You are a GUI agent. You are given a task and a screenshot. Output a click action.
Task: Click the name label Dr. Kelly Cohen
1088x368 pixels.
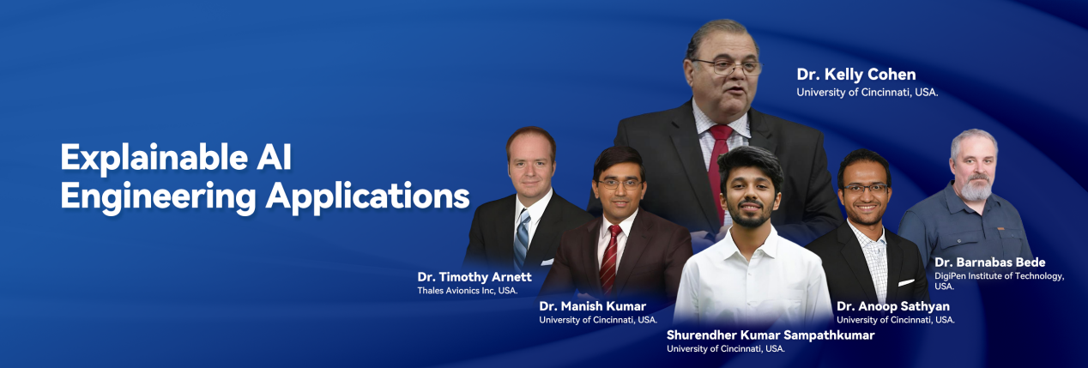click(x=855, y=75)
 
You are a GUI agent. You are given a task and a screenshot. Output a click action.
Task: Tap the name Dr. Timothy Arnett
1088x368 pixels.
click(x=474, y=277)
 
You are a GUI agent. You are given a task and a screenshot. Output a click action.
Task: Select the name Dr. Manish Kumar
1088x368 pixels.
click(x=593, y=306)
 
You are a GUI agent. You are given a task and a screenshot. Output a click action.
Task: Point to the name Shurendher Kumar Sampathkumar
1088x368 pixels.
click(x=771, y=335)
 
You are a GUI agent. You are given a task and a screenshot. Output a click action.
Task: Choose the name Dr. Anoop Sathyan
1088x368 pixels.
click(x=892, y=306)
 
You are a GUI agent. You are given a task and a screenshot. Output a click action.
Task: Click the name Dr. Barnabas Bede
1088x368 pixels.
click(x=990, y=262)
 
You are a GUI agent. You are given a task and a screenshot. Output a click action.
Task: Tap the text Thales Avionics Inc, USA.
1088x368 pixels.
click(x=468, y=291)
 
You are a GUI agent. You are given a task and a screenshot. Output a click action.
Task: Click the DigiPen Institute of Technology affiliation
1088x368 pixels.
click(x=999, y=281)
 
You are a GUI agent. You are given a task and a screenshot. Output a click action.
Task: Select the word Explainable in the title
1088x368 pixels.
click(x=154, y=159)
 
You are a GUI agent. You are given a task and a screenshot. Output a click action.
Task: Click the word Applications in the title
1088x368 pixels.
click(x=368, y=197)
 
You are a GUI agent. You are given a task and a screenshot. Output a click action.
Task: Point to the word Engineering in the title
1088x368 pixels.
click(x=159, y=197)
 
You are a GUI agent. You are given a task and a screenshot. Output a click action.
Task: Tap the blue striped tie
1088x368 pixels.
click(x=523, y=238)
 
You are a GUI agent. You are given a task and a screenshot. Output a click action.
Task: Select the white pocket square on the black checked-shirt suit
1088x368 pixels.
click(x=905, y=282)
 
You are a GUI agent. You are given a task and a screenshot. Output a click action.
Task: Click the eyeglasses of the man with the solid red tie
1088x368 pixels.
click(x=727, y=67)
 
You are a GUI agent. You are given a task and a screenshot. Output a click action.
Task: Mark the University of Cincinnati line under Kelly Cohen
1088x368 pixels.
click(x=867, y=93)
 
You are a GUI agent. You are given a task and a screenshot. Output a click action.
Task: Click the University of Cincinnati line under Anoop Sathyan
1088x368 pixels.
click(x=895, y=320)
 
